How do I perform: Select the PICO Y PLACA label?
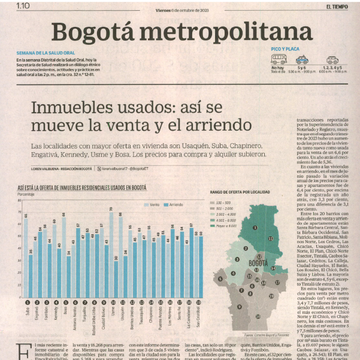point(283,47)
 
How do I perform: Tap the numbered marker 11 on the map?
point(271,238)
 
